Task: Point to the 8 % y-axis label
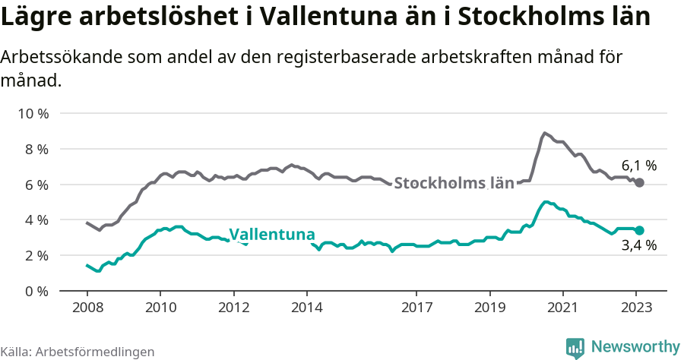(35, 150)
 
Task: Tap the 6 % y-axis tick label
(35, 185)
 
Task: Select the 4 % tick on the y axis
(35, 220)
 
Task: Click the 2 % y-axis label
(35, 256)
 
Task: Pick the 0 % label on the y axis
(35, 291)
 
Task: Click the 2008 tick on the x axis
(87, 310)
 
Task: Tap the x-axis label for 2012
(233, 310)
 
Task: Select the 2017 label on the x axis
(416, 310)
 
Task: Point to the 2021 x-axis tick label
(562, 310)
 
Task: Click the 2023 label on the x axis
(635, 310)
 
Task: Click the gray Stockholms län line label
(454, 183)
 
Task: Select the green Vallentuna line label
(272, 234)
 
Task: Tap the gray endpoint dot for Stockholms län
(639, 183)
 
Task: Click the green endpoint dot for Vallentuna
(639, 230)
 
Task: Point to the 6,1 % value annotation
(638, 165)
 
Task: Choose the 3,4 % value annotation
(638, 246)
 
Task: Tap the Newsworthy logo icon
(575, 347)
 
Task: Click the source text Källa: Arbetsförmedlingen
(78, 352)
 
